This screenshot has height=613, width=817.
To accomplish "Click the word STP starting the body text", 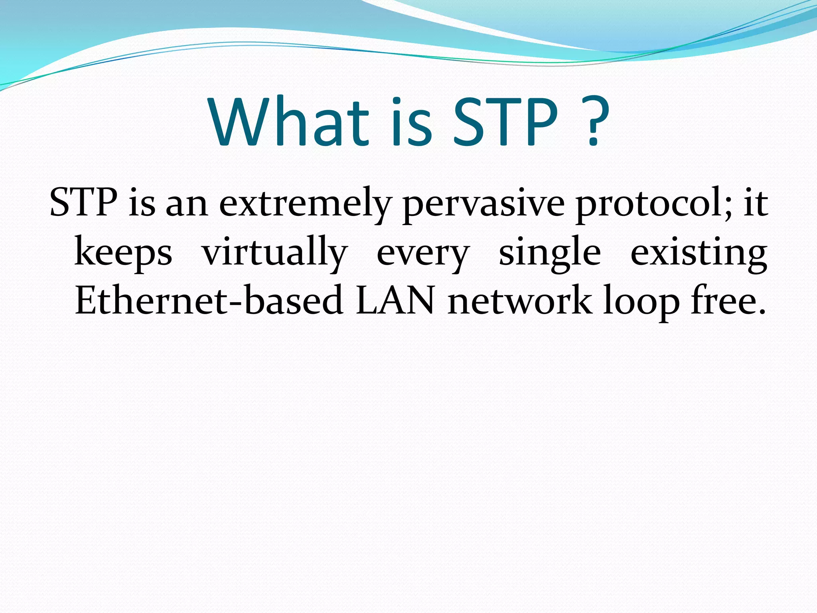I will (83, 203).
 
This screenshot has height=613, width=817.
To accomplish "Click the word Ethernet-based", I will (209, 300).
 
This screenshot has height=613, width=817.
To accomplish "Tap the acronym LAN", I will (395, 300).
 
